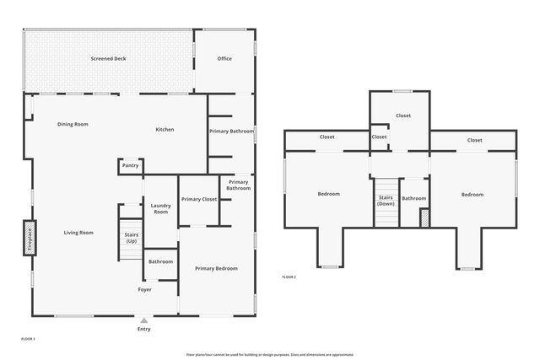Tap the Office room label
pos(224,59)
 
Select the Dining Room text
pos(73,124)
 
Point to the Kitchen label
pos(165,129)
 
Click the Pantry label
pos(130,165)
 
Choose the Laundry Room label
pos(160,208)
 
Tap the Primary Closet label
pos(199,199)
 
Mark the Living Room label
pos(78,233)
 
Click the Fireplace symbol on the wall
pos(27,237)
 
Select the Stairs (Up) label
pos(131,238)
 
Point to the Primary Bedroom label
pos(216,268)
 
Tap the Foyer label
pos(145,289)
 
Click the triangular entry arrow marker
pos(144,320)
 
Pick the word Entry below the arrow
pos(144,329)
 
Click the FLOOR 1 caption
pos(28,338)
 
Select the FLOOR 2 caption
pos(289,277)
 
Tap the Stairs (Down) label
pos(386,201)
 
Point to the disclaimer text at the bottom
pos(270,354)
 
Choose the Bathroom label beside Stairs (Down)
pos(413,198)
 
